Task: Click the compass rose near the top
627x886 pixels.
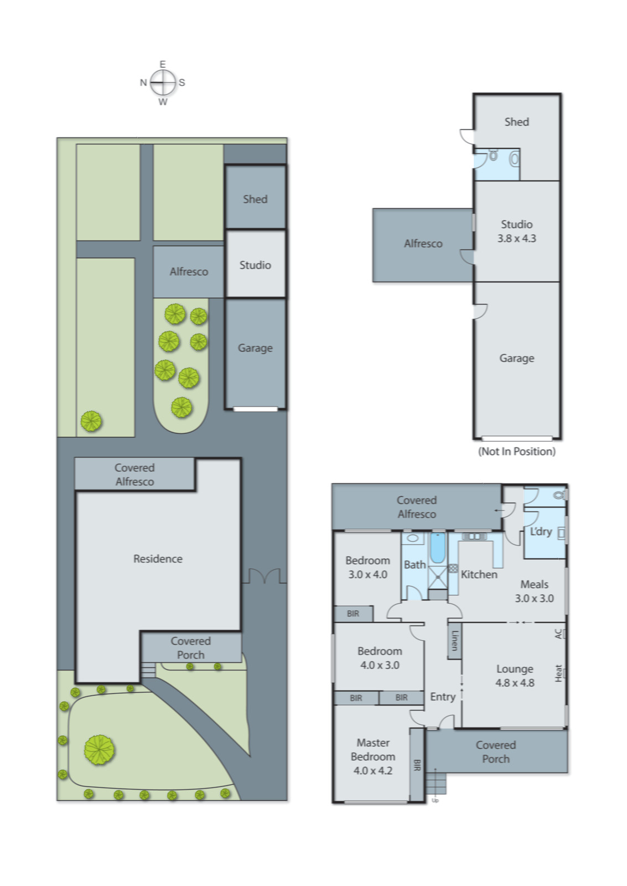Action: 163,83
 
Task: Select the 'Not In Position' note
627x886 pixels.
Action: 516,451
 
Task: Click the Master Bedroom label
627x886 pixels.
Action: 372,756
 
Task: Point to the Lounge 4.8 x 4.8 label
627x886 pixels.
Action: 514,676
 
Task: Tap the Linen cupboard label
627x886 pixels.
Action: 454,640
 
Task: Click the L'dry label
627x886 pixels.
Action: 541,532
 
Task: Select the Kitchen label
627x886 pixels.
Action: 479,575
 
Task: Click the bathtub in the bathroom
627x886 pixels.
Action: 437,548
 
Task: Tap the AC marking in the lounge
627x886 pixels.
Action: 558,633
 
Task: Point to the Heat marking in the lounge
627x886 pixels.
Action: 558,673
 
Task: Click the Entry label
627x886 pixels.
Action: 443,697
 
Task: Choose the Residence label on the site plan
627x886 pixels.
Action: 158,559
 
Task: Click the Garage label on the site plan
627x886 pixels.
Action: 255,348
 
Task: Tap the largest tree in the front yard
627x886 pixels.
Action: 100,750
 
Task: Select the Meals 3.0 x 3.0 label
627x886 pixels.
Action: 534,591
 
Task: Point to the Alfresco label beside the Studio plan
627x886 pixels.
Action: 423,244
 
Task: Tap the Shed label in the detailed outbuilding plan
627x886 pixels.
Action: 516,122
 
